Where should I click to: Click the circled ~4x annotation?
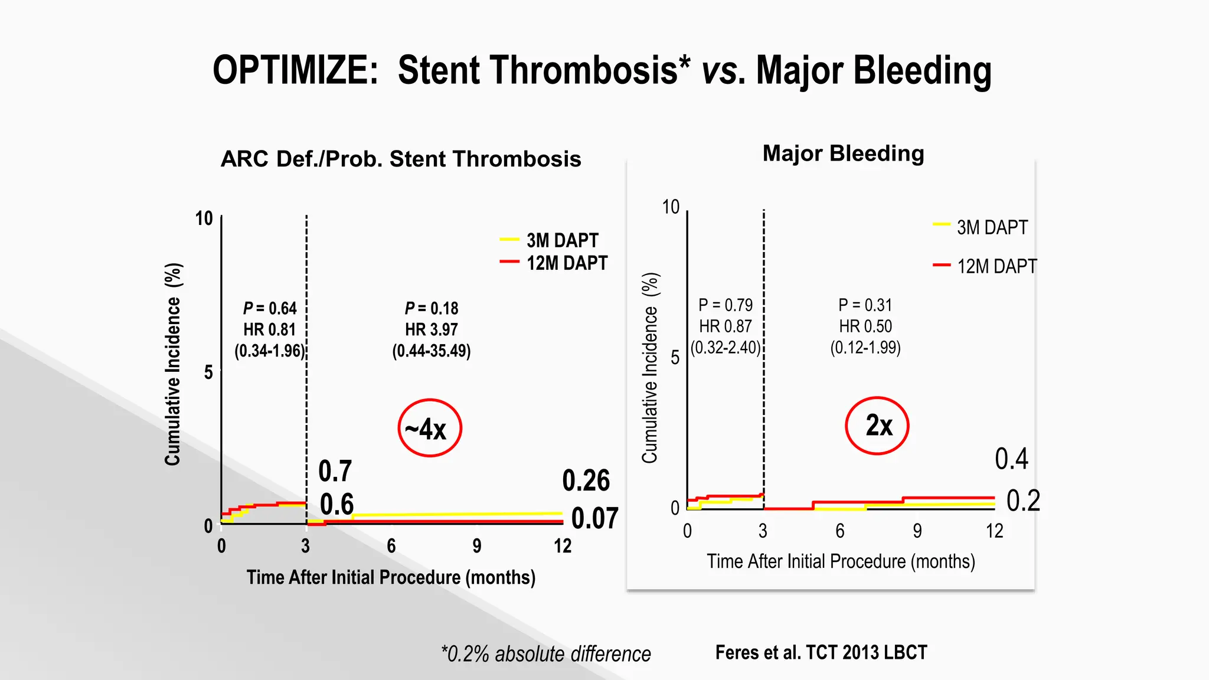[429, 429]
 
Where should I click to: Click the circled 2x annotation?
[877, 426]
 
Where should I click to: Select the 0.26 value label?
[586, 480]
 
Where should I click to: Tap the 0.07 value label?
[594, 518]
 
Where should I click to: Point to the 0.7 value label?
[335, 471]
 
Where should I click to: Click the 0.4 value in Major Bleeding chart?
[1011, 459]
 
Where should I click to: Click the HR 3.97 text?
[431, 329]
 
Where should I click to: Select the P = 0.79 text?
[726, 305]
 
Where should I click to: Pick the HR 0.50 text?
[865, 326]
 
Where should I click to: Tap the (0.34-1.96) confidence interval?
[269, 351]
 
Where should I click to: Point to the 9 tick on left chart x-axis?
[476, 546]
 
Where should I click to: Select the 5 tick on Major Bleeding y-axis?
[675, 358]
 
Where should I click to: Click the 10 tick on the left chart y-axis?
[204, 218]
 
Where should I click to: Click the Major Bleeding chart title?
[843, 153]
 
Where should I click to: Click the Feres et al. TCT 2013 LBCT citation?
[821, 652]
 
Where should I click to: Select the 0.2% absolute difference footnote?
[546, 654]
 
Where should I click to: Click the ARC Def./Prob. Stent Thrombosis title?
[401, 159]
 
